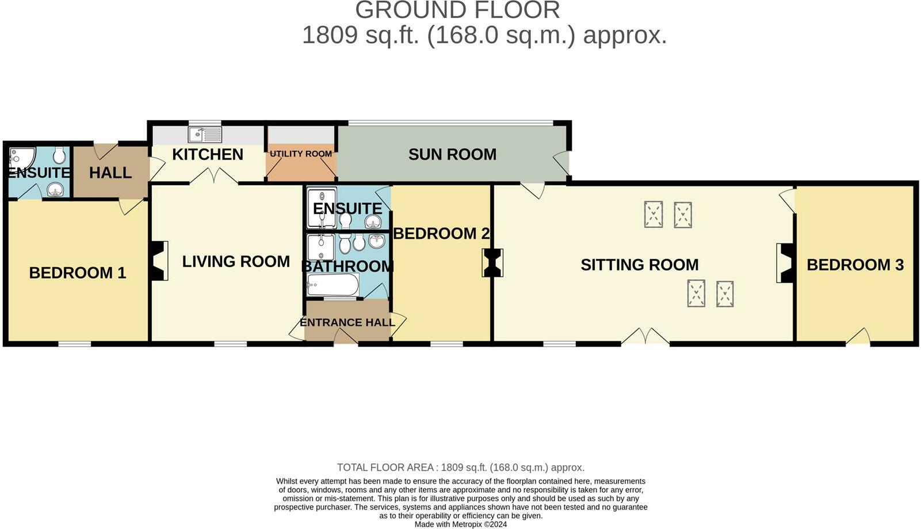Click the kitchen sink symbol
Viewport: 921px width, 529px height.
coord(205,135)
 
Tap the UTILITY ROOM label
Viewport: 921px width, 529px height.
coord(301,154)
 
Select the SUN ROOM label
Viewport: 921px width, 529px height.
coord(452,154)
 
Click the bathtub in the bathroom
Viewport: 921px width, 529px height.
coord(333,285)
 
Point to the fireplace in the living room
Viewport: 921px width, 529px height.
coord(159,261)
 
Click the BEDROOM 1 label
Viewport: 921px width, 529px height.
coord(77,272)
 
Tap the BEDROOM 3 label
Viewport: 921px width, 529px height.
coord(855,265)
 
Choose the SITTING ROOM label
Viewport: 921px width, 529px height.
coord(639,265)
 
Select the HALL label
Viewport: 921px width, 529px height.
coord(110,173)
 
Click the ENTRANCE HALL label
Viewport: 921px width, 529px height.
coord(347,322)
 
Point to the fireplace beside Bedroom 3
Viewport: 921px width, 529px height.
coord(785,262)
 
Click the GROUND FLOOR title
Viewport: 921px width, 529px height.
coord(457,10)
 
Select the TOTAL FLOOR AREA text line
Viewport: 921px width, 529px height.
coord(460,467)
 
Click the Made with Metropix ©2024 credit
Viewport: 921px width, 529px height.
coord(460,524)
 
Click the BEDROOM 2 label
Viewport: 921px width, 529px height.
coord(441,233)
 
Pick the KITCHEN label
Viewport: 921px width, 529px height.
coord(208,154)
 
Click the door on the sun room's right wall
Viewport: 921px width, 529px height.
coord(561,163)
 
